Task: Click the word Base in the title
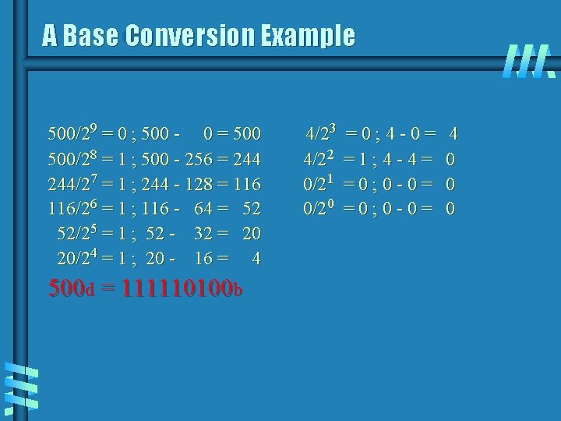(92, 35)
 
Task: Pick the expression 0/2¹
(320, 185)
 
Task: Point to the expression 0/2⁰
(320, 209)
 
